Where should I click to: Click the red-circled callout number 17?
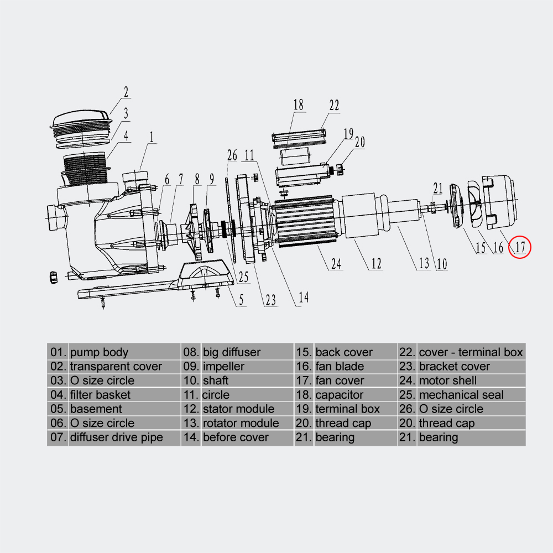coord(520,247)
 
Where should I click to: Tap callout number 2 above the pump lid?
coord(126,92)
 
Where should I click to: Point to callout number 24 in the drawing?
coord(336,264)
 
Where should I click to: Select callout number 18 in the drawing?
coord(299,105)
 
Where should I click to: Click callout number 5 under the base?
coord(241,300)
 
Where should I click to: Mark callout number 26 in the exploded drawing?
coord(232,156)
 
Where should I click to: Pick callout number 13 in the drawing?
coord(424,263)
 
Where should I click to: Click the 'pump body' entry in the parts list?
coord(99,352)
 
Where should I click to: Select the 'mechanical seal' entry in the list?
coord(461,395)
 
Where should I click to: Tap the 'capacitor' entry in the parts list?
coord(339,395)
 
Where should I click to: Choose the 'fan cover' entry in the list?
coord(340,380)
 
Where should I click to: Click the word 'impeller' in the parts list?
coord(223,366)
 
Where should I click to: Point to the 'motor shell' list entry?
coord(447,380)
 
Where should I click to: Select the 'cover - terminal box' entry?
coord(471,352)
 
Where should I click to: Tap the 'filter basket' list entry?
coord(100,395)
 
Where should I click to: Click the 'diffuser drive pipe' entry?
coord(116,437)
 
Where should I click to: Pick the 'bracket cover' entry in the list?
coord(454,366)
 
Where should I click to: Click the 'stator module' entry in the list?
coord(238,409)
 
